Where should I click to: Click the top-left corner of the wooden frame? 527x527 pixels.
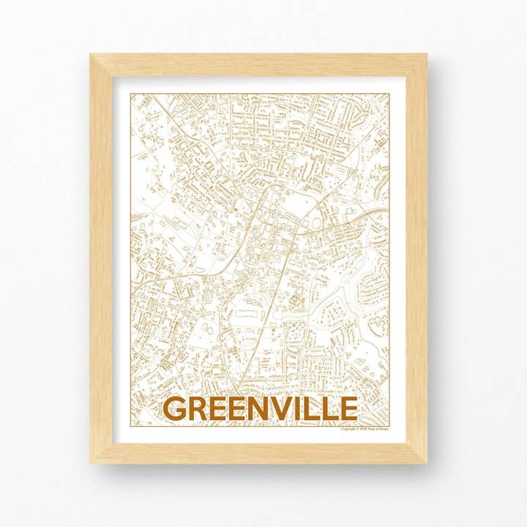click(x=91, y=55)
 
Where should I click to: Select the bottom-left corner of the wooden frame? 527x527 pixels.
click(x=91, y=463)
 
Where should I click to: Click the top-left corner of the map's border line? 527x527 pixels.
click(x=130, y=94)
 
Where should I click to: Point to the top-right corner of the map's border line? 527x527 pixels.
click(x=389, y=94)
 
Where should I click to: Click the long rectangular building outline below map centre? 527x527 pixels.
click(x=248, y=313)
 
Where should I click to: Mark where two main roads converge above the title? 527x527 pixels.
click(x=239, y=388)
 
